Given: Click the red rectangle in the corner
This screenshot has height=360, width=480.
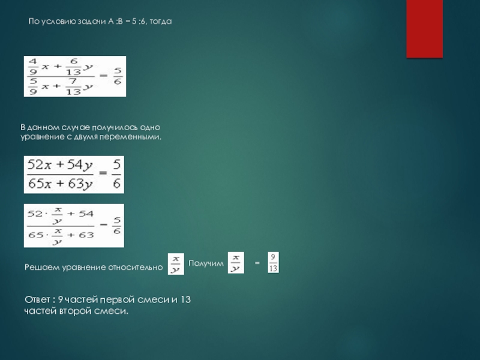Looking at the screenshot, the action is coord(424,29).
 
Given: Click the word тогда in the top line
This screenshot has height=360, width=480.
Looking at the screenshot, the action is coord(161,22).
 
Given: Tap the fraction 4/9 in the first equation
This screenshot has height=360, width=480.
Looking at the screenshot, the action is coord(33,67).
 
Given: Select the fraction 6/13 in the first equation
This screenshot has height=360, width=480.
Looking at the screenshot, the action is coord(73,67).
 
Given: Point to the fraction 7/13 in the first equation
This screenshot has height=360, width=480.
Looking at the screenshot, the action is coord(73,86).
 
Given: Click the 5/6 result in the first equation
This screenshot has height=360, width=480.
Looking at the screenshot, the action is coord(118,76).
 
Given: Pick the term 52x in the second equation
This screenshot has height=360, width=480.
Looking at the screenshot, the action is coord(39,164).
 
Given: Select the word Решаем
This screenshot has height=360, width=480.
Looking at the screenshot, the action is coord(42,267).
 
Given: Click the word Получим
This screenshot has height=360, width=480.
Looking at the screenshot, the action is coord(206,263).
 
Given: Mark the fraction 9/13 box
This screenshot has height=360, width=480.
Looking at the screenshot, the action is coord(273,262).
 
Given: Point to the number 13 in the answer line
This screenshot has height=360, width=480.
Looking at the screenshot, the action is coord(185,299).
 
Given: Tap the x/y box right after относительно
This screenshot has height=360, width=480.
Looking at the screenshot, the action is coord(176,264).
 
